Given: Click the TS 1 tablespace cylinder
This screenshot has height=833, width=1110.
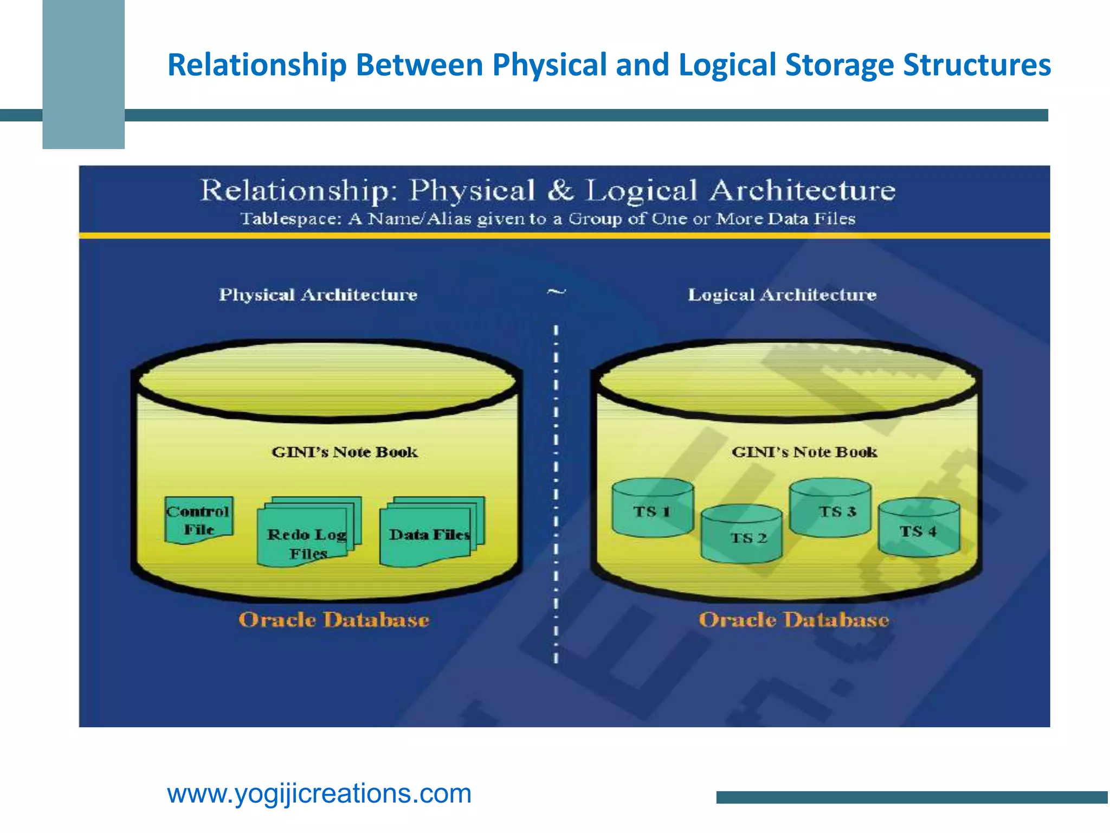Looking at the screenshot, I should [653, 508].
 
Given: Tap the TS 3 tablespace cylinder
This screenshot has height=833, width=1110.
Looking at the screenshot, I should [830, 508].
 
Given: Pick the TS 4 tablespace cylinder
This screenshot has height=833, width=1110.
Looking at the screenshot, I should [919, 528].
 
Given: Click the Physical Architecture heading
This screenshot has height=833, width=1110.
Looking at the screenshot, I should [318, 295].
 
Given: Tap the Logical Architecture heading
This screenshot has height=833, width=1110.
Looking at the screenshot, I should [782, 295].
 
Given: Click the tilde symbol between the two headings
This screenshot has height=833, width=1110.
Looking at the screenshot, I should [556, 292].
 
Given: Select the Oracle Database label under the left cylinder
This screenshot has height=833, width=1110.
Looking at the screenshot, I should [334, 620].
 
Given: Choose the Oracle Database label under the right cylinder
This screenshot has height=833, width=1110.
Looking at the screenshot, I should [793, 620].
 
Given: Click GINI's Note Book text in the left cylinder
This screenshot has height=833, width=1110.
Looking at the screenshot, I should [345, 452].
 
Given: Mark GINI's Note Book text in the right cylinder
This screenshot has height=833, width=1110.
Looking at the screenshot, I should [804, 452].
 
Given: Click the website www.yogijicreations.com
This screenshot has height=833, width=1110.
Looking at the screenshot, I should [319, 794].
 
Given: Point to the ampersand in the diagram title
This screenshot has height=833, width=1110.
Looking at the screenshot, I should [560, 190].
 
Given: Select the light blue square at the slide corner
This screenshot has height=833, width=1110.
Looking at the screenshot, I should [83, 74].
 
